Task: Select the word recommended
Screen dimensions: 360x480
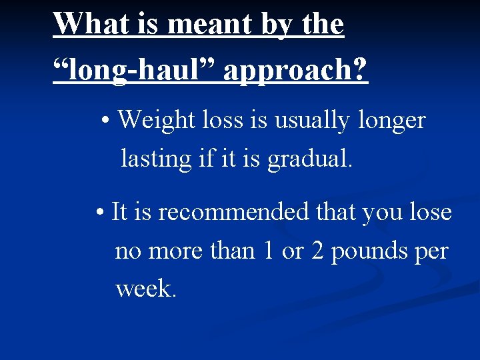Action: tap(235, 213)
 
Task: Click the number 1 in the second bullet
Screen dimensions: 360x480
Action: tap(268, 251)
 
